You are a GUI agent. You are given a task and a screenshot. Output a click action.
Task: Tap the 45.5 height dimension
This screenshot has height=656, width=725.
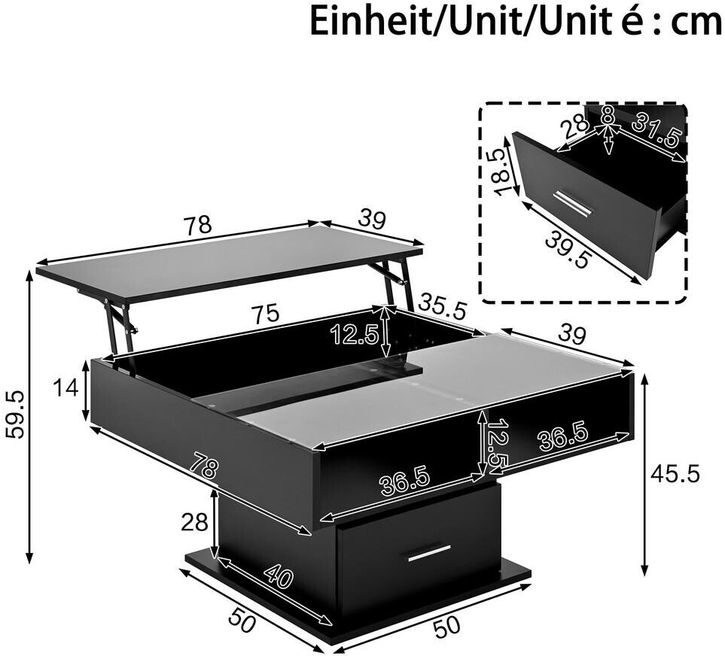click(x=675, y=474)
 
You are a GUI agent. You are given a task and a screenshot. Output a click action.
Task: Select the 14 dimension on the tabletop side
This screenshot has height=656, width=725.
click(x=66, y=388)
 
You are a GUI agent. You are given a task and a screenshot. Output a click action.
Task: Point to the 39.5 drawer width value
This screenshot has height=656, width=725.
click(x=568, y=249)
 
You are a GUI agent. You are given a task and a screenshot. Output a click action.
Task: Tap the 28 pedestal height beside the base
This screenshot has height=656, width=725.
click(x=194, y=523)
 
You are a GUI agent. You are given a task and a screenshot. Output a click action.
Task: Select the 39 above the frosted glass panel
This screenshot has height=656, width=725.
click(x=572, y=333)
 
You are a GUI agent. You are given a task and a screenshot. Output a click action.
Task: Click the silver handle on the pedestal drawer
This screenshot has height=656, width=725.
click(x=430, y=553)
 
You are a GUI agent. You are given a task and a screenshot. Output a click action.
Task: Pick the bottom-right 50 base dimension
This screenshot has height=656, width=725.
click(x=446, y=625)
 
